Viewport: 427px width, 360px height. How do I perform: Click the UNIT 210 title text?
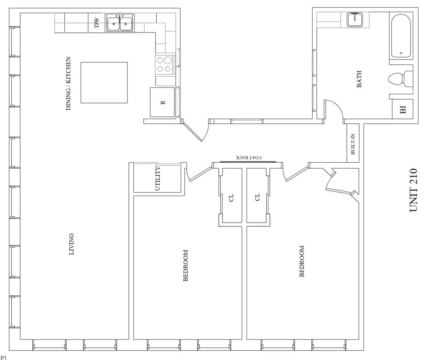[414, 190]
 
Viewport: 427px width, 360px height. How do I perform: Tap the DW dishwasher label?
[97, 23]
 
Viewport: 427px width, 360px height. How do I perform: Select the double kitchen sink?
[120, 23]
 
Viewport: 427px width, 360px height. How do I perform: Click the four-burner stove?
[164, 65]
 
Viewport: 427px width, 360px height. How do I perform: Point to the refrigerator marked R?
[162, 102]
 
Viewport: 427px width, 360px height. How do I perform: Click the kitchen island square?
[104, 82]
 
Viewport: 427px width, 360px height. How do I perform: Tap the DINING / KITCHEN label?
[68, 83]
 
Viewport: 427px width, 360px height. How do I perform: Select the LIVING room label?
[71, 244]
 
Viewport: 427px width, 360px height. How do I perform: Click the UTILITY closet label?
[158, 178]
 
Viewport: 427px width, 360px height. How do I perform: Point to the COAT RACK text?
[248, 157]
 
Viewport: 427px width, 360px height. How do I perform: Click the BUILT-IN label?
[353, 144]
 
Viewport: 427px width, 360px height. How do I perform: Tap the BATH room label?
[359, 79]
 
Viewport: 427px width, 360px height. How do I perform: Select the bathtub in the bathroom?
[401, 36]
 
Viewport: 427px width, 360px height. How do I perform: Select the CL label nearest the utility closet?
[231, 197]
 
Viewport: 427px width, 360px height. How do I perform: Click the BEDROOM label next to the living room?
[186, 265]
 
